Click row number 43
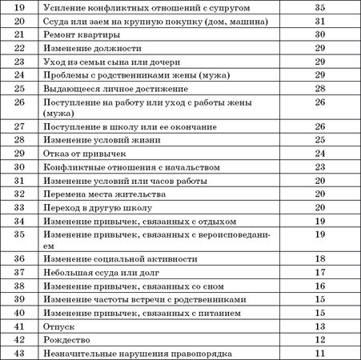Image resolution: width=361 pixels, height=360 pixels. click(18, 353)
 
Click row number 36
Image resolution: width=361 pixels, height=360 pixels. click(18, 258)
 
